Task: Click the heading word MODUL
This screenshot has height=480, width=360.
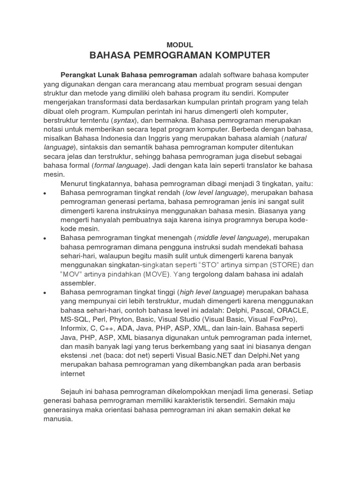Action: [180, 45]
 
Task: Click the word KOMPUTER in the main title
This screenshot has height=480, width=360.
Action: [241, 56]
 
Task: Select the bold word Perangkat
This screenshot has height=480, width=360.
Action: [78, 75]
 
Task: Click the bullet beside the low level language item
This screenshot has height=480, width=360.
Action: [45, 193]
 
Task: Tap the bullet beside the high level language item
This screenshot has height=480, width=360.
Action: [45, 292]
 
